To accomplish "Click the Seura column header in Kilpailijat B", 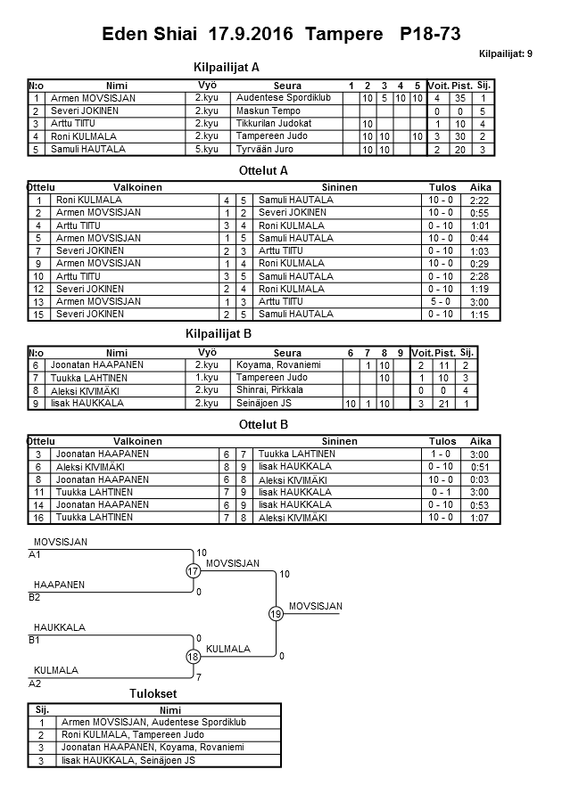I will [x=287, y=353].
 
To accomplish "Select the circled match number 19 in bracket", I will [x=276, y=613].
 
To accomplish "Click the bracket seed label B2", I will [x=35, y=597].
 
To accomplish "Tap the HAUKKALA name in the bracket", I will [x=59, y=627].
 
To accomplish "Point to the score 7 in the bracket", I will [x=199, y=677].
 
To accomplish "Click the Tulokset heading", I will [x=152, y=694].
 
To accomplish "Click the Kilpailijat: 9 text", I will [x=506, y=54].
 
